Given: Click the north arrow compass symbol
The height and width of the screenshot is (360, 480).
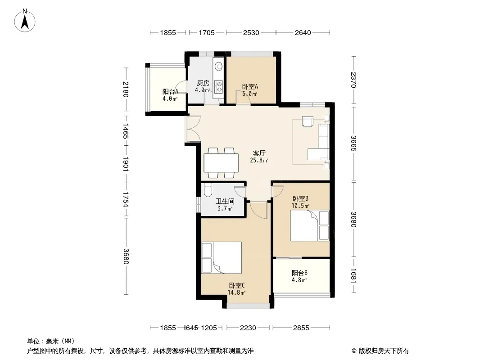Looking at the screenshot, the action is point(25,21).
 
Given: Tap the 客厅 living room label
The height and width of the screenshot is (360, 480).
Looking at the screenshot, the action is point(259,153).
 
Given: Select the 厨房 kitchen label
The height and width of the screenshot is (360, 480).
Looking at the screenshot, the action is point(203,83).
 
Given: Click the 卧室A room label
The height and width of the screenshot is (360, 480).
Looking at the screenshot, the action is point(250,86).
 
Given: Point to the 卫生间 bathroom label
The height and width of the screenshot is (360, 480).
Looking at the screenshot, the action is point(225,201).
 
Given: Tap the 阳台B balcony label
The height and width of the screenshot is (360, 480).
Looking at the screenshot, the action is point(299,273).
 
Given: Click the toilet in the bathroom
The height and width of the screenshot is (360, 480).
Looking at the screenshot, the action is point(208,190).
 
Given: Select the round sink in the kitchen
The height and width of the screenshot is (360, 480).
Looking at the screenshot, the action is point(218,66).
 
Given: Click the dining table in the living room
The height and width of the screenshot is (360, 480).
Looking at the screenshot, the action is point(221,163).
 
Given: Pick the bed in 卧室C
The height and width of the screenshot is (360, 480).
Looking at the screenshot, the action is point(222,258).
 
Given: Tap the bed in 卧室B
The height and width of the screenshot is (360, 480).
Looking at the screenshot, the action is point(309,225).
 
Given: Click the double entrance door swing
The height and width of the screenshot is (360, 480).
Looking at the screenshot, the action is point(193,129).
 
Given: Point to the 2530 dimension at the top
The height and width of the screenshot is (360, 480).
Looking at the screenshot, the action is point(251,32).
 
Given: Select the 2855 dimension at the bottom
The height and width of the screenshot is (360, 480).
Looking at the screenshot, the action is point(301,328).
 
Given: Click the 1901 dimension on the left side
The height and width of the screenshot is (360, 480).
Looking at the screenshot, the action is point(126,164).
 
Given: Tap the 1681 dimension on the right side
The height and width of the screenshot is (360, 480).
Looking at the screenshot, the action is point(353,275).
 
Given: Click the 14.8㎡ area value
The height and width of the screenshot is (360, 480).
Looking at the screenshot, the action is point(236,292).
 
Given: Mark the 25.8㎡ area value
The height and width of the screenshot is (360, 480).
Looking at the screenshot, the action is point(259,160).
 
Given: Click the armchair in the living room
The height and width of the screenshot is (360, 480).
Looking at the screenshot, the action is point(308,121).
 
